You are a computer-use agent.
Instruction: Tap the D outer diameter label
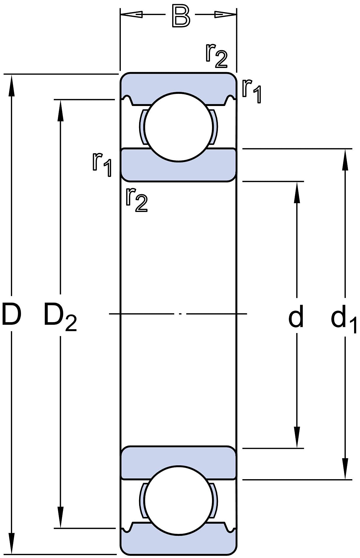point(11,314)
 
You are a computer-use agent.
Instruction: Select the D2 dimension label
point(60,316)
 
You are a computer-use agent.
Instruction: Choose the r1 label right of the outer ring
point(252,91)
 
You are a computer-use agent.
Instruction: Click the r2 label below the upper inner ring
point(136,200)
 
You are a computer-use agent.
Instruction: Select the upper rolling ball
point(179,127)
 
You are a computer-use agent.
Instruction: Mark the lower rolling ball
point(179,500)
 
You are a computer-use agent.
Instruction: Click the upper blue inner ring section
point(179,171)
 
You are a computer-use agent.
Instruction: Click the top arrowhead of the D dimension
point(12,86)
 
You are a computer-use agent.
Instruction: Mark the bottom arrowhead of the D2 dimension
point(61,517)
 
